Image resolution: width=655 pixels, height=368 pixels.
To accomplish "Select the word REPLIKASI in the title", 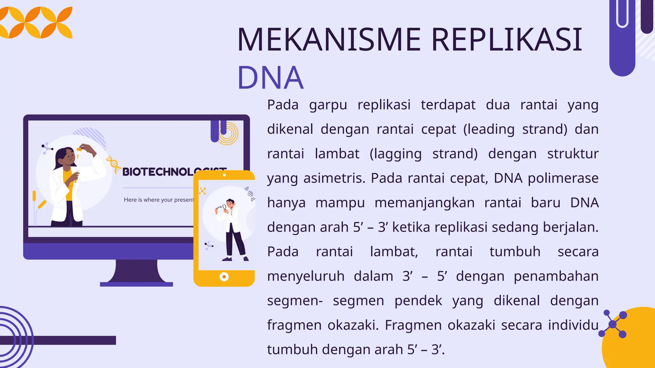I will [507, 40].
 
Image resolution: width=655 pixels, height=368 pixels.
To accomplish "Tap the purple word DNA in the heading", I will [270, 78].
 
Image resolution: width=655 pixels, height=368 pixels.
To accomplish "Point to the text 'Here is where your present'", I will [159, 200].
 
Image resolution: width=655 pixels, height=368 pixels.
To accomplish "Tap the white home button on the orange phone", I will [224, 277].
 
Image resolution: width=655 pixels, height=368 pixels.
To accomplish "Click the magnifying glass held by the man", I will [225, 207].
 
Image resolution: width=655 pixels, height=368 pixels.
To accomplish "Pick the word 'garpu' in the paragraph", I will [328, 105].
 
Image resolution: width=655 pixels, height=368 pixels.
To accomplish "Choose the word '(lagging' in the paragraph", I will [396, 154].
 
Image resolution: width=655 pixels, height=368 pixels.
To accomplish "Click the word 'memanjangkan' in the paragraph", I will [424, 203].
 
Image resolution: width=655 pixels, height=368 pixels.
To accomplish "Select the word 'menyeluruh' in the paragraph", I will [306, 276].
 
